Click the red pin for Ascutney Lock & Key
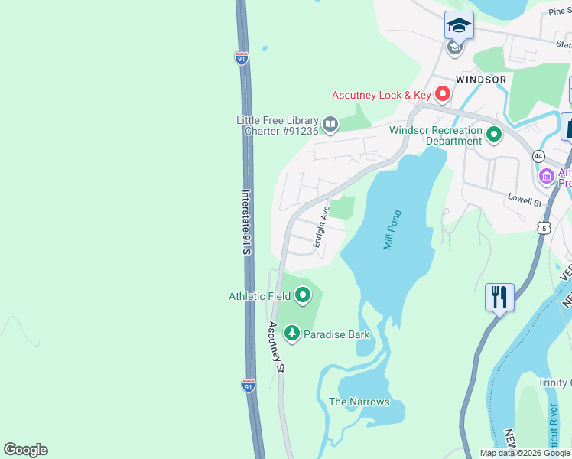pyautogui.click(x=442, y=95)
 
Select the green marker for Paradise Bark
pyautogui.click(x=291, y=334)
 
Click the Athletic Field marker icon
pyautogui.click(x=303, y=295)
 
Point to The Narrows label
pyautogui.click(x=359, y=402)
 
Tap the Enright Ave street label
pyautogui.click(x=320, y=226)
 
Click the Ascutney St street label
pyautogui.click(x=276, y=347)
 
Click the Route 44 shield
pyautogui.click(x=539, y=156)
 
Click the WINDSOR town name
pyautogui.click(x=480, y=80)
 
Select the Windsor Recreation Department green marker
pyautogui.click(x=494, y=136)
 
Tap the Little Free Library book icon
pyautogui.click(x=330, y=123)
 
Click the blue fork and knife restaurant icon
pyautogui.click(x=499, y=296)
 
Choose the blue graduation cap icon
pyautogui.click(x=459, y=25)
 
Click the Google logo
pyautogui.click(x=25, y=450)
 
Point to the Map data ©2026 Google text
pyautogui.click(x=525, y=453)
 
